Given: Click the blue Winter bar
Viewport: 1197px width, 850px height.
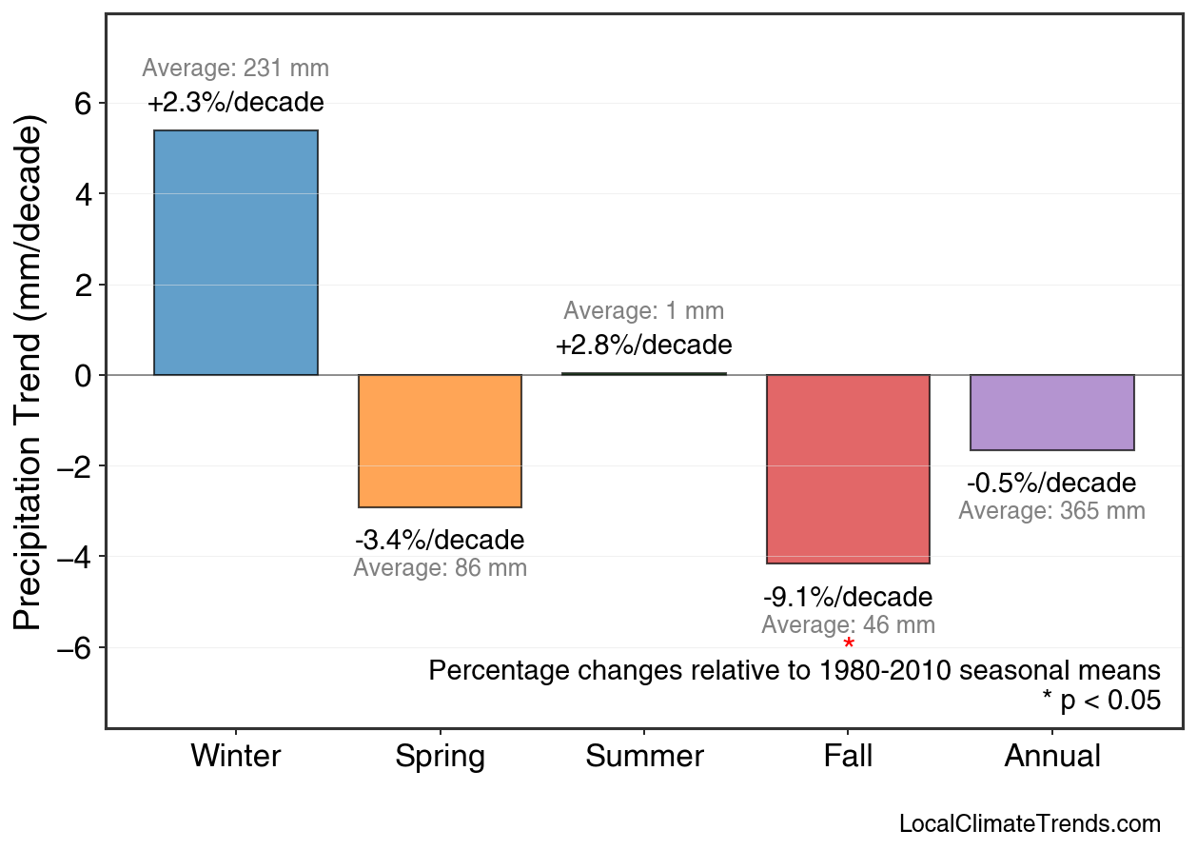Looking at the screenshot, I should coord(235,252).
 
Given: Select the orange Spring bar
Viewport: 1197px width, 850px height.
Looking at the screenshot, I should coord(440,441).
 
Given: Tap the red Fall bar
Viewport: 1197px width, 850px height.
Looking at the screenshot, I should coord(848,468).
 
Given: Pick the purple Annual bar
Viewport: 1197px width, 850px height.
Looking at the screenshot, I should coord(1051,412).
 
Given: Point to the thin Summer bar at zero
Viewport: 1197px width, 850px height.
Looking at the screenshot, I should coord(644,373).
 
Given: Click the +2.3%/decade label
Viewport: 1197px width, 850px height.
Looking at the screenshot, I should coord(235,102).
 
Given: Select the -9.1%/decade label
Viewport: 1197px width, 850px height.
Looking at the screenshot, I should coord(848,598).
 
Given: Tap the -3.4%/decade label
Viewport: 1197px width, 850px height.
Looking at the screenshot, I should coord(440,541).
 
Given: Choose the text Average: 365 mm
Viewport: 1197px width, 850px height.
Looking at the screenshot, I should coord(1051,510).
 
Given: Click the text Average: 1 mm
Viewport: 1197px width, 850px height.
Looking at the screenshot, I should coord(644,311).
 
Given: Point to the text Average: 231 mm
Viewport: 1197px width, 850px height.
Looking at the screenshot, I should coord(235,69).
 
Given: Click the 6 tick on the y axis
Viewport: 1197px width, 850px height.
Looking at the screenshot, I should coord(83,103).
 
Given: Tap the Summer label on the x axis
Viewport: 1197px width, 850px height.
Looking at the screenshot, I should coord(644,757).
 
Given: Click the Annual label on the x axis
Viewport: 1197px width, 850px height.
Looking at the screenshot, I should coord(1051,757).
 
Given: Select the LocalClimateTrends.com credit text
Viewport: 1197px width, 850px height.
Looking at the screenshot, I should coord(1030,824).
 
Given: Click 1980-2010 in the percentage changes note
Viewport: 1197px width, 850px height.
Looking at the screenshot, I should coord(885,670).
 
